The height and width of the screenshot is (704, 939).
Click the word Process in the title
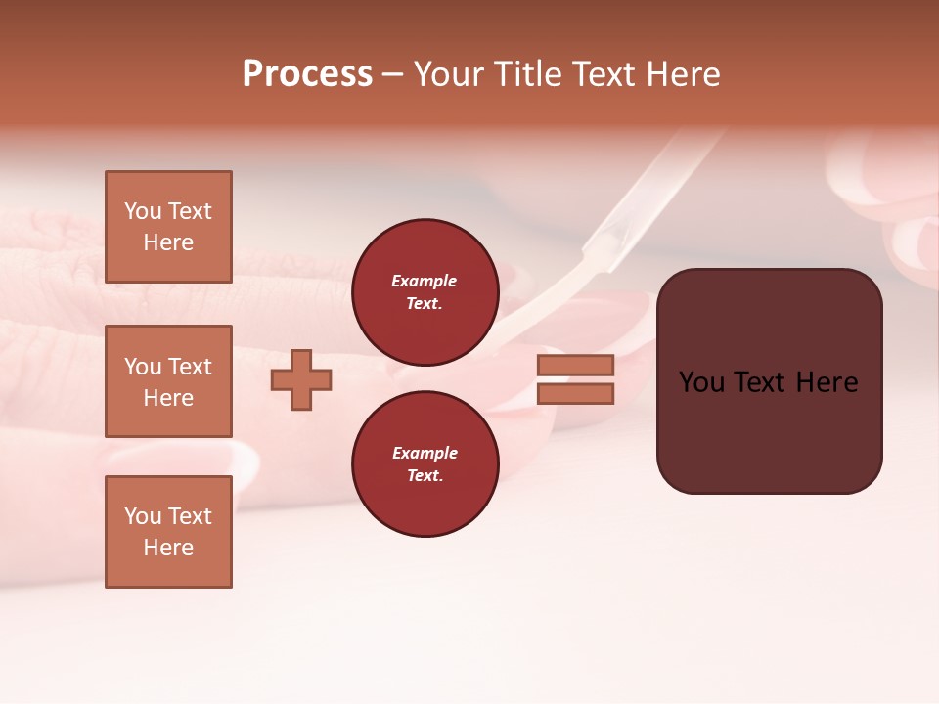coord(307,74)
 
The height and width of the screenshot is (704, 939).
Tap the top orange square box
coord(168,227)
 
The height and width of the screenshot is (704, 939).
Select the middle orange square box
coord(168,381)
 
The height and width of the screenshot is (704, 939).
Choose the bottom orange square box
coord(168,531)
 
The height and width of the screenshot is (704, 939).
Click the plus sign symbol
coord(301,380)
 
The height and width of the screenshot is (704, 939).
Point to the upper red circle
coord(425,292)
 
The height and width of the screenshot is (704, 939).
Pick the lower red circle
coord(425,464)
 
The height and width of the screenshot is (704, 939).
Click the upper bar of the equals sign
coord(575,365)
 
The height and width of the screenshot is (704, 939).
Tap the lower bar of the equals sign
coord(575,394)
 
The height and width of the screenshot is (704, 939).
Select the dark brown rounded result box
coord(769,380)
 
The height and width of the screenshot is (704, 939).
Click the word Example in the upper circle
coord(425,281)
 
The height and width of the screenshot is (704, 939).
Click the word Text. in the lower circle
coord(425,476)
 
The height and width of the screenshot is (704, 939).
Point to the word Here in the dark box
coord(827,382)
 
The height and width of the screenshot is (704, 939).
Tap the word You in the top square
coord(143,211)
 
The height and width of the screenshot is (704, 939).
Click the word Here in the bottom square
coord(168,548)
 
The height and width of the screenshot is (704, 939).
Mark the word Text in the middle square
coord(190,367)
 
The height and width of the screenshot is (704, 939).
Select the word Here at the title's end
coord(683,74)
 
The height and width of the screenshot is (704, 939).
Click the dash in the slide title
coord(392,75)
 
